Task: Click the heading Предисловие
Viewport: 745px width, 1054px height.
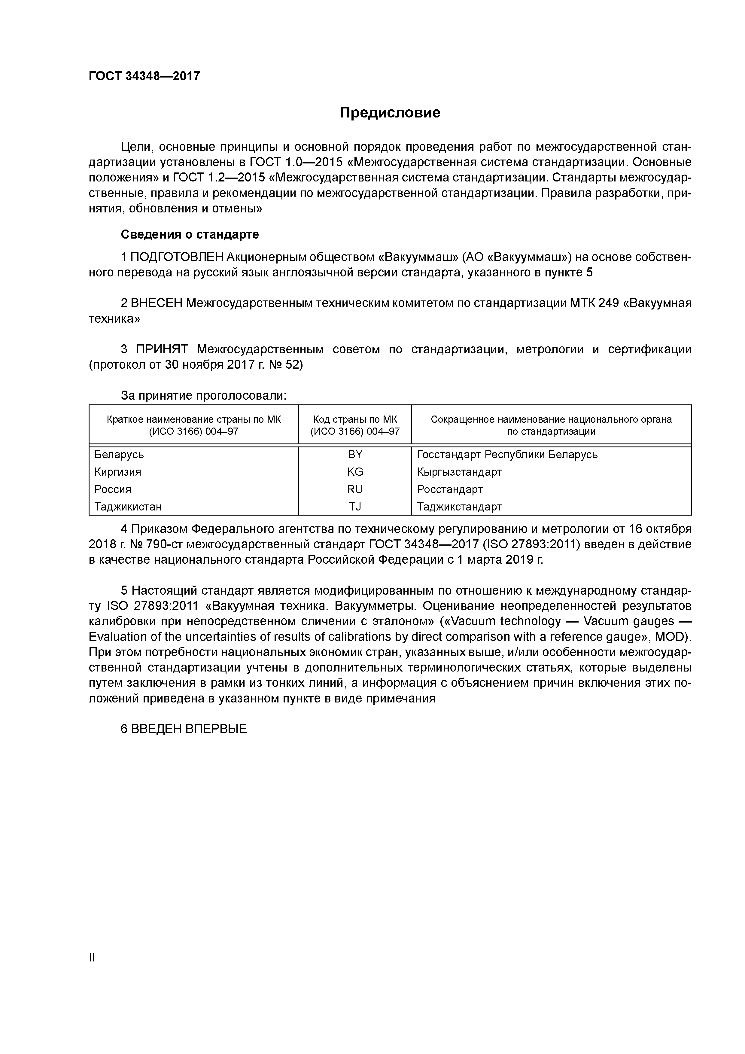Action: pos(390,112)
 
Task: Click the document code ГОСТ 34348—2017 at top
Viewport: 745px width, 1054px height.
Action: pos(144,76)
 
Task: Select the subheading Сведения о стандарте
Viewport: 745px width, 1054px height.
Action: pos(190,235)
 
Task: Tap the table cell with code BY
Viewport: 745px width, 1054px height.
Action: pos(355,455)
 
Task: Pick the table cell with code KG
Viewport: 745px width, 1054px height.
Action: pos(355,472)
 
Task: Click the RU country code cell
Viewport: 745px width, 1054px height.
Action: pos(355,489)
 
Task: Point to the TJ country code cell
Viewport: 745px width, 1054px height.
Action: pos(355,507)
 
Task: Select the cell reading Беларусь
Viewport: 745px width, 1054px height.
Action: pos(119,455)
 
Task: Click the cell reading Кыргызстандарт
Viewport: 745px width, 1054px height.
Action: pos(460,472)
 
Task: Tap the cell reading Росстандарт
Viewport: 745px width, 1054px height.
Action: pos(450,489)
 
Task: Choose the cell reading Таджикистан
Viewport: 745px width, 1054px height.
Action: pos(128,507)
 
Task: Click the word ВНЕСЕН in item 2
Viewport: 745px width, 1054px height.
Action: pos(157,303)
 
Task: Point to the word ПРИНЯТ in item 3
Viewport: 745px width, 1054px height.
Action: pos(162,349)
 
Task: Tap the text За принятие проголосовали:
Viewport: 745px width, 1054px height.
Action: pos(203,396)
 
